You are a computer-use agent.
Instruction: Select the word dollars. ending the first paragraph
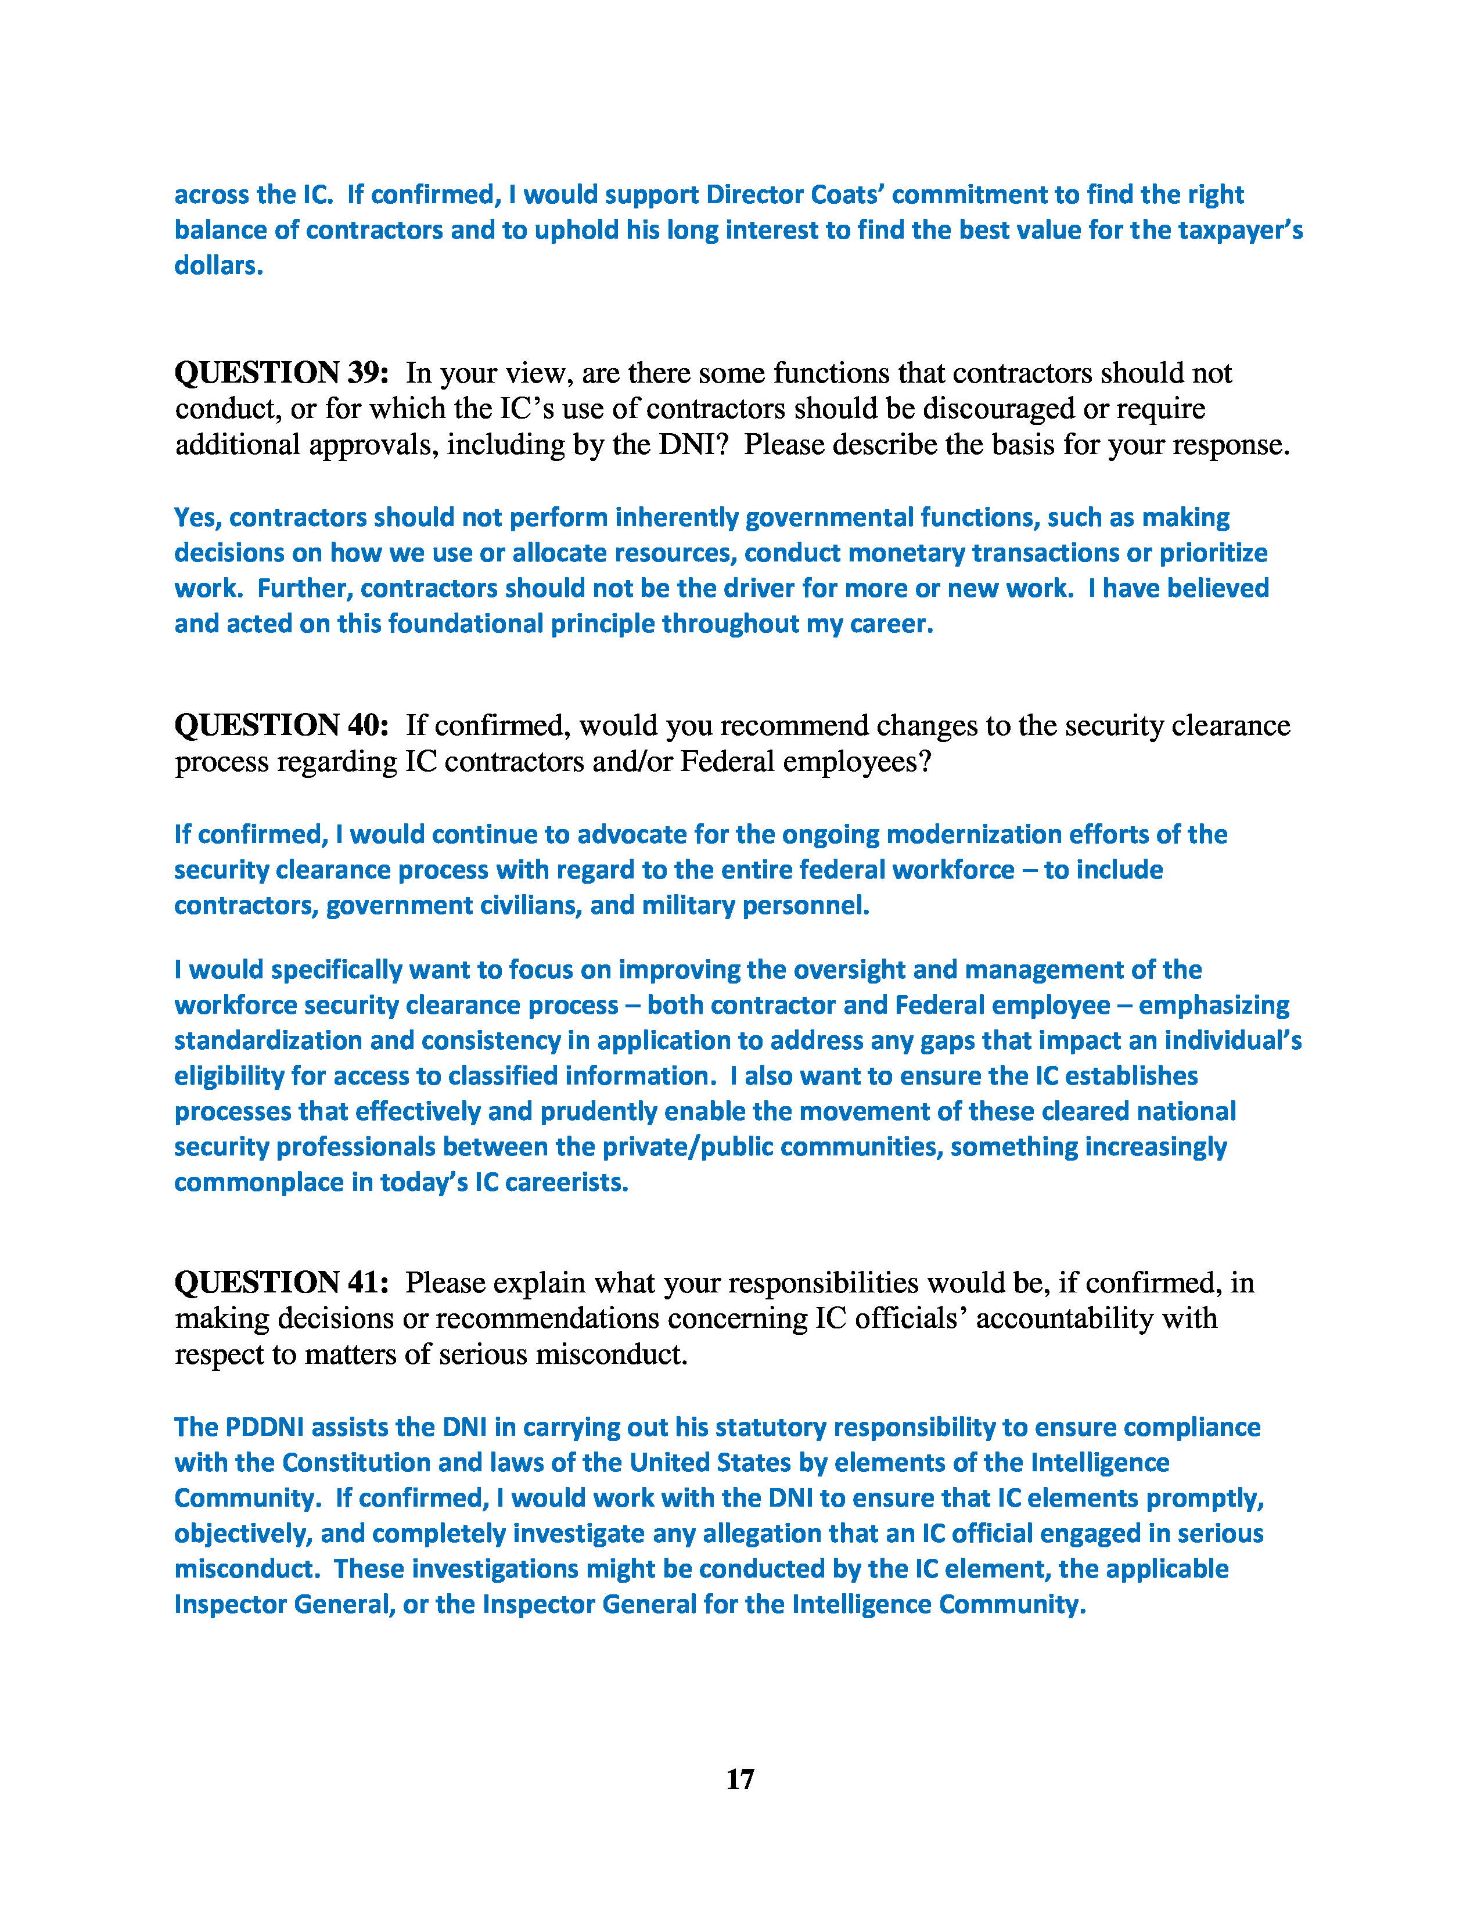218,266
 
